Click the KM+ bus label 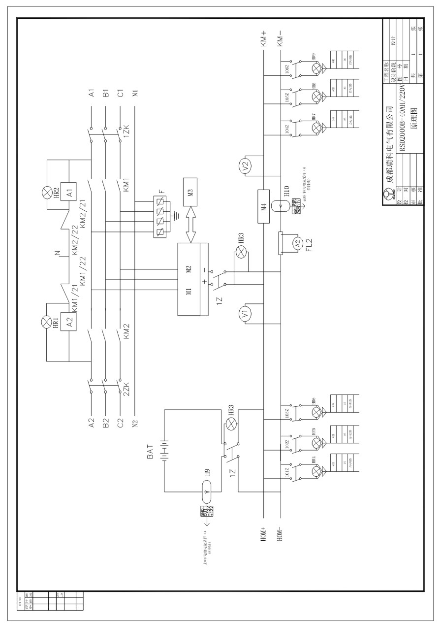point(264,39)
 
